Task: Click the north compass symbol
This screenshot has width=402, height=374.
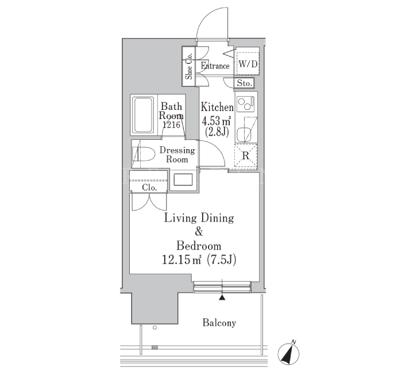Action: coord(289,353)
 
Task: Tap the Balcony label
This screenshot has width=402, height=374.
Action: coord(219,323)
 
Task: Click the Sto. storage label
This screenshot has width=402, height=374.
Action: coord(244,83)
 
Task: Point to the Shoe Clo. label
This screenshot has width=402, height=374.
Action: coord(189,66)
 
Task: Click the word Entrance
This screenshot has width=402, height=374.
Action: coord(215,66)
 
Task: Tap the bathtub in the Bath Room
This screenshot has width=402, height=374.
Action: coord(143,115)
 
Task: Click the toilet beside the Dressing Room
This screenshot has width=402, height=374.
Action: coord(144,154)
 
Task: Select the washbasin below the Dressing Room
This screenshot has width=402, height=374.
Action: coord(183,180)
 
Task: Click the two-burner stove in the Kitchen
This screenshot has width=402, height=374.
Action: coord(246,104)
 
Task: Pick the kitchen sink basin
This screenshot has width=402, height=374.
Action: coord(242,134)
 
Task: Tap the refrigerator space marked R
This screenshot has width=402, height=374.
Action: coord(246,156)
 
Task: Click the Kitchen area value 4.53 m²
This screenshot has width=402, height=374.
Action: coord(217,120)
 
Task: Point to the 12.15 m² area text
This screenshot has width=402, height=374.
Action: coord(181,260)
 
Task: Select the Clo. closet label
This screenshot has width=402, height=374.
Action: coord(149,188)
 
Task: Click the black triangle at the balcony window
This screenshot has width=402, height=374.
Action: coord(222,297)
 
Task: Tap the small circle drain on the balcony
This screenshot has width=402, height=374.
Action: coord(154,327)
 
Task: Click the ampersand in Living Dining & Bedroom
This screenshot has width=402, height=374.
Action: coord(199,232)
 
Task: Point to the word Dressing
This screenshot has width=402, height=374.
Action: coord(177,150)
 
